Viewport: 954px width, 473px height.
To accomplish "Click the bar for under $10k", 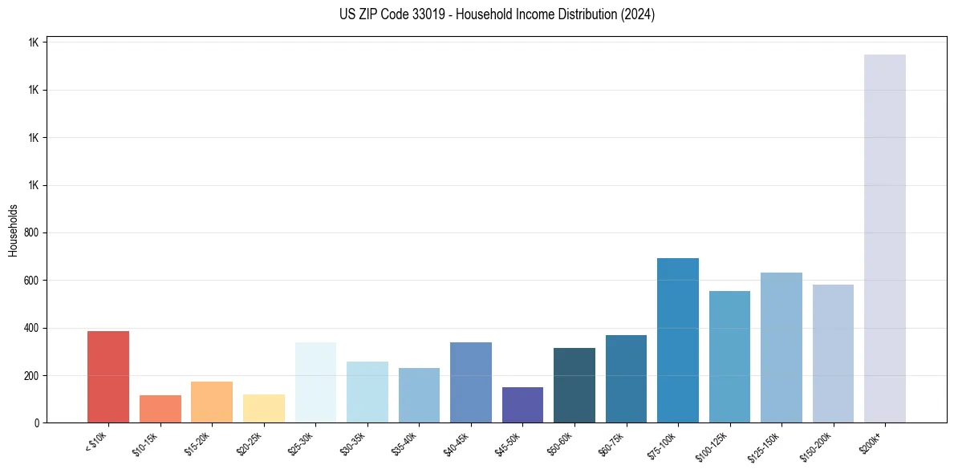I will point(108,377).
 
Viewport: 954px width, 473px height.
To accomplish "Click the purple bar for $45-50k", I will point(522,405).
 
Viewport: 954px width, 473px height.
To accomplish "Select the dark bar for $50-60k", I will point(574,386).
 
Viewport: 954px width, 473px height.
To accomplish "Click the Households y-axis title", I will point(14,230).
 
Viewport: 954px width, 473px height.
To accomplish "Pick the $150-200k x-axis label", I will point(817,445).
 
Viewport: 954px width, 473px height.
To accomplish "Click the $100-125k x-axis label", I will point(713,445).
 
